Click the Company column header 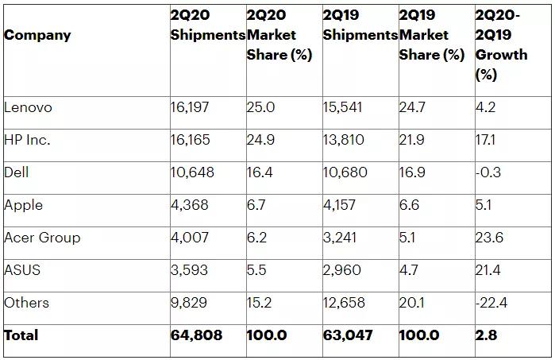(37, 35)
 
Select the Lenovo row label (28, 107)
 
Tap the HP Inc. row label (27, 140)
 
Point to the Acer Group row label (42, 238)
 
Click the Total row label (21, 335)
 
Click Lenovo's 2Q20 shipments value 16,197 (190, 107)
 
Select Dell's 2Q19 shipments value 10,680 (345, 172)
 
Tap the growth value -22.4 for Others (491, 303)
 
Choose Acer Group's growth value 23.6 (489, 238)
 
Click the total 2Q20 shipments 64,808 (196, 335)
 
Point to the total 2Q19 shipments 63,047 (348, 335)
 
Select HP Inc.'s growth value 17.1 (486, 140)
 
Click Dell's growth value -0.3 (488, 172)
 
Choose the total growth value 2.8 (486, 335)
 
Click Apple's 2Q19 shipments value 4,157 (343, 205)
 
